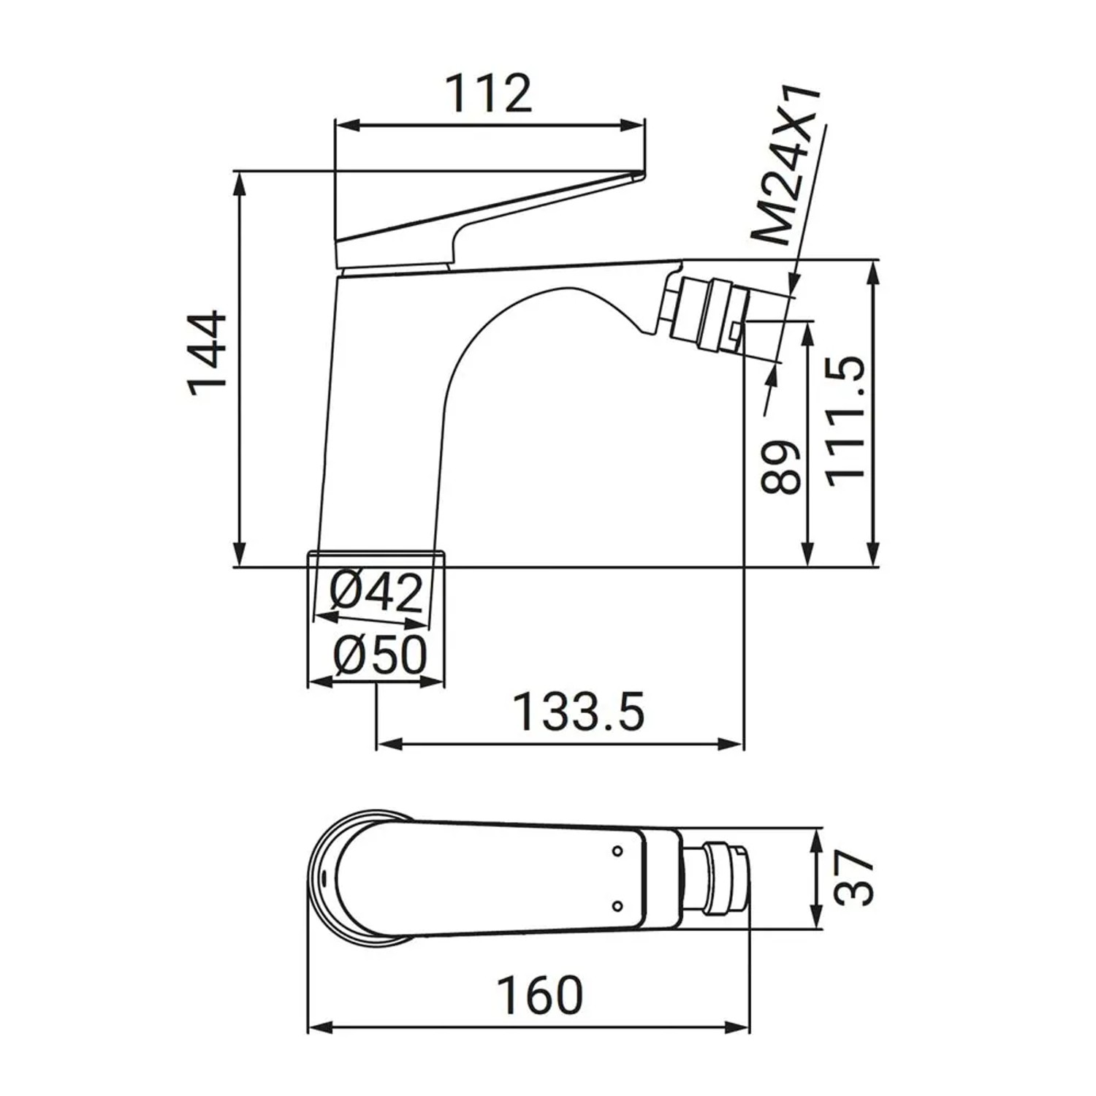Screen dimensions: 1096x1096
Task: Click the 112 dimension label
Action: [x=489, y=94]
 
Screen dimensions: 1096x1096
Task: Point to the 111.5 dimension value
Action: [x=847, y=419]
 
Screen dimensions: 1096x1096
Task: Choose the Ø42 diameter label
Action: [x=376, y=592]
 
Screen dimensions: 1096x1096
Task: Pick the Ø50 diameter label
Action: [x=379, y=655]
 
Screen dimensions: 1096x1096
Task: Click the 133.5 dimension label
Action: [x=579, y=712]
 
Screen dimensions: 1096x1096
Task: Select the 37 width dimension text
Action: [x=853, y=879]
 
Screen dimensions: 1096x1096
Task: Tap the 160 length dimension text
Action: [x=541, y=995]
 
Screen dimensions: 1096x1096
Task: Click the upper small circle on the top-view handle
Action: [x=617, y=851]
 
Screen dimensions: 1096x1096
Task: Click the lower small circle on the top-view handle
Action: [x=617, y=907]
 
